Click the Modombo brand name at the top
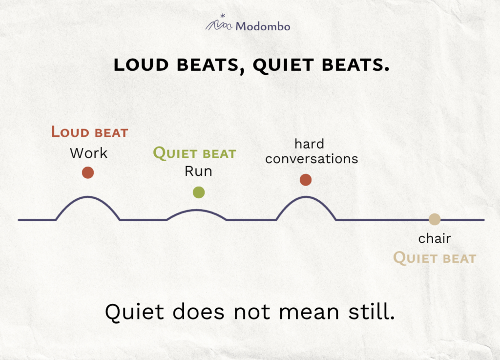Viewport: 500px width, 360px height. point(263,26)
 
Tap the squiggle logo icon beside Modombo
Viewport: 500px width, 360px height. point(219,22)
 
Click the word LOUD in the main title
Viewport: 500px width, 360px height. point(141,65)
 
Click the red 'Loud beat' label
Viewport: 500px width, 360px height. point(90,132)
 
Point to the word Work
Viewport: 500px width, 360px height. point(89,153)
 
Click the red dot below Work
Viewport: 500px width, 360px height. point(88,172)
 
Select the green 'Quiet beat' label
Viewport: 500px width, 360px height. point(194,153)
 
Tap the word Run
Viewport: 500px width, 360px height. point(198,171)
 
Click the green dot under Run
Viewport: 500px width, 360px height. point(199,192)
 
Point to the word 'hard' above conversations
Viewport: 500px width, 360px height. point(309,144)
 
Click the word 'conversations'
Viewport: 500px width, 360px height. point(312,159)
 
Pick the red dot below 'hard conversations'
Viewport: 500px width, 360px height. point(306,180)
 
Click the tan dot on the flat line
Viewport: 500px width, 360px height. point(434,219)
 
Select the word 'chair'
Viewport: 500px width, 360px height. point(434,238)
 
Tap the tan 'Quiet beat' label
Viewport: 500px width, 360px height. point(435,258)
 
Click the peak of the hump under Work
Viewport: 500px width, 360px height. point(88,197)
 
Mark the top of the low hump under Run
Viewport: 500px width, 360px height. point(197,210)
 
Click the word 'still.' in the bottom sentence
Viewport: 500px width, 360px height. point(372,311)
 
